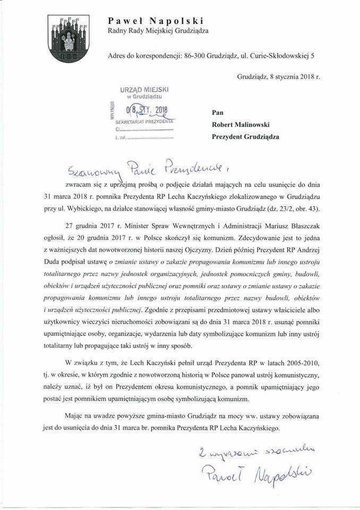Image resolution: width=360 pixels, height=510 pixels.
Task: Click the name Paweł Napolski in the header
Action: click(156, 21)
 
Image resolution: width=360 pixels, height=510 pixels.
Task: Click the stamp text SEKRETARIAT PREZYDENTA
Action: click(144, 121)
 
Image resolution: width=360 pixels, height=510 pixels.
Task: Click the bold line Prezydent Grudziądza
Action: click(245, 136)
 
